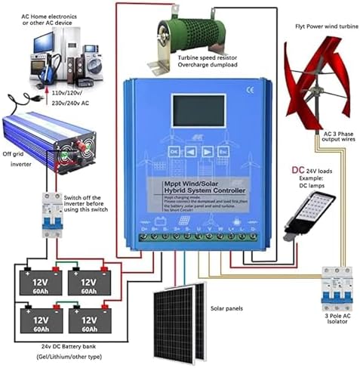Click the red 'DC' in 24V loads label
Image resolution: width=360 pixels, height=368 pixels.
pos(298,171)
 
